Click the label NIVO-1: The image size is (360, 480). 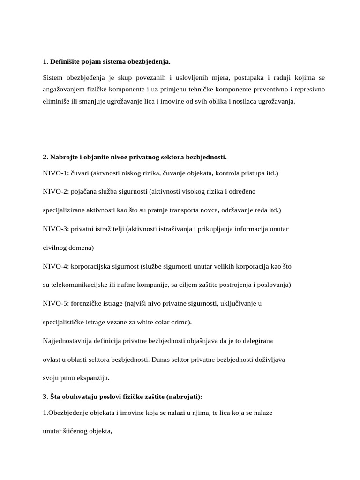[55, 173]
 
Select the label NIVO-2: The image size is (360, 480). [55, 192]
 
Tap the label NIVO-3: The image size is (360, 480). [55, 229]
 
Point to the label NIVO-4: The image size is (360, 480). [55, 266]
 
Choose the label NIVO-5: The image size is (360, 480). [55, 303]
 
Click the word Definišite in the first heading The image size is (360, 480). [65, 61]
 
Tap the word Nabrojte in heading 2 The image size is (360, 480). [65, 157]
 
